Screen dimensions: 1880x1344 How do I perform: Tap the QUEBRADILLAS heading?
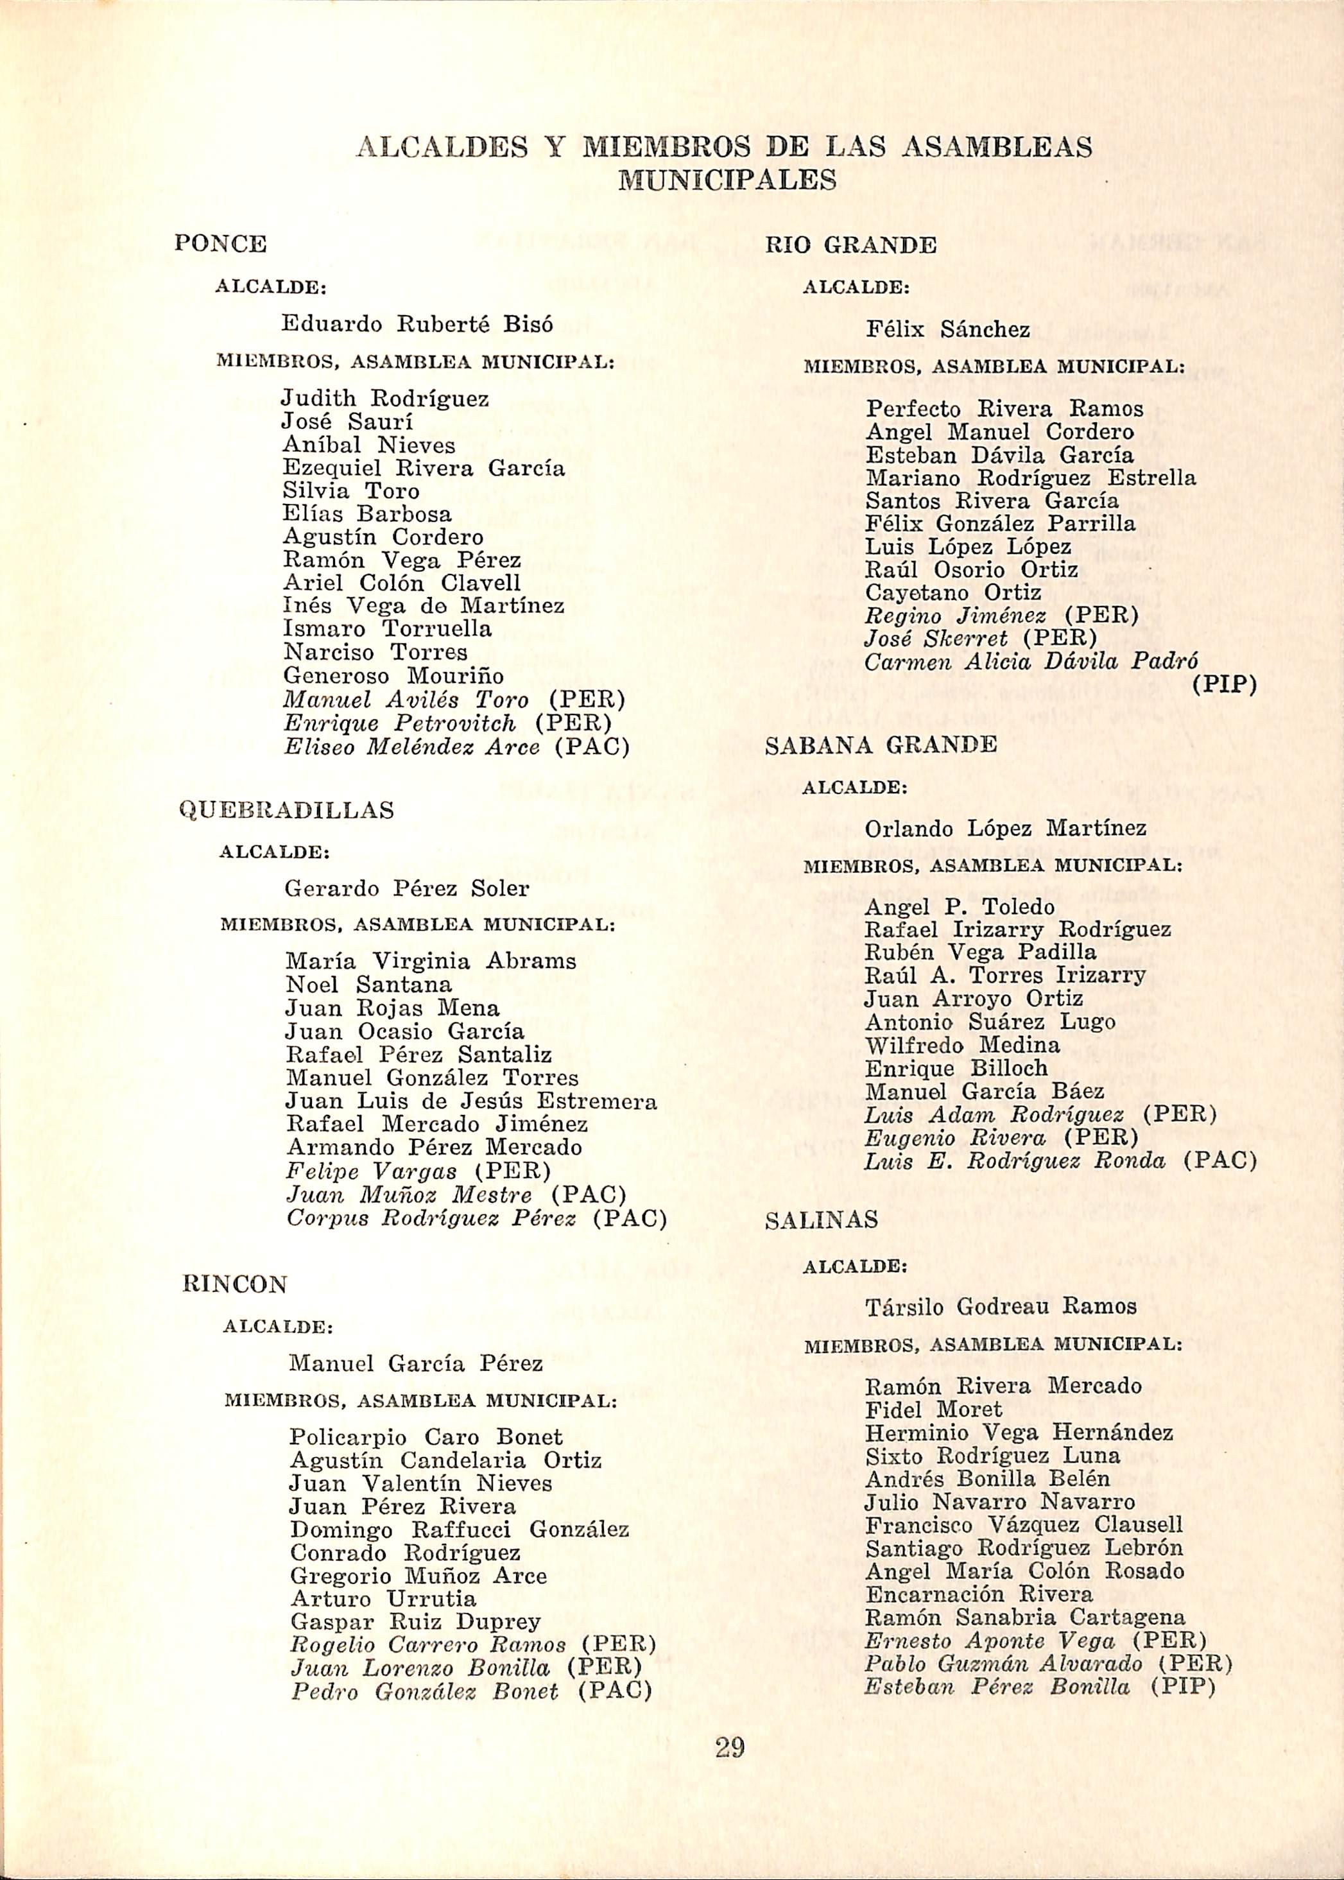tap(286, 810)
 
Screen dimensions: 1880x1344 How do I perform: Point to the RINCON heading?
tap(235, 1284)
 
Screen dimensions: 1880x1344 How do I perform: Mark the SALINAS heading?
tap(821, 1221)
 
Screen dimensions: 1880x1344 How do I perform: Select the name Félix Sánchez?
tap(947, 330)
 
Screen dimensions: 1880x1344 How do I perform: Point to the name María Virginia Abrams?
tap(430, 962)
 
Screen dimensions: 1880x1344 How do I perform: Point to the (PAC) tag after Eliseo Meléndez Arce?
tap(591, 747)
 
